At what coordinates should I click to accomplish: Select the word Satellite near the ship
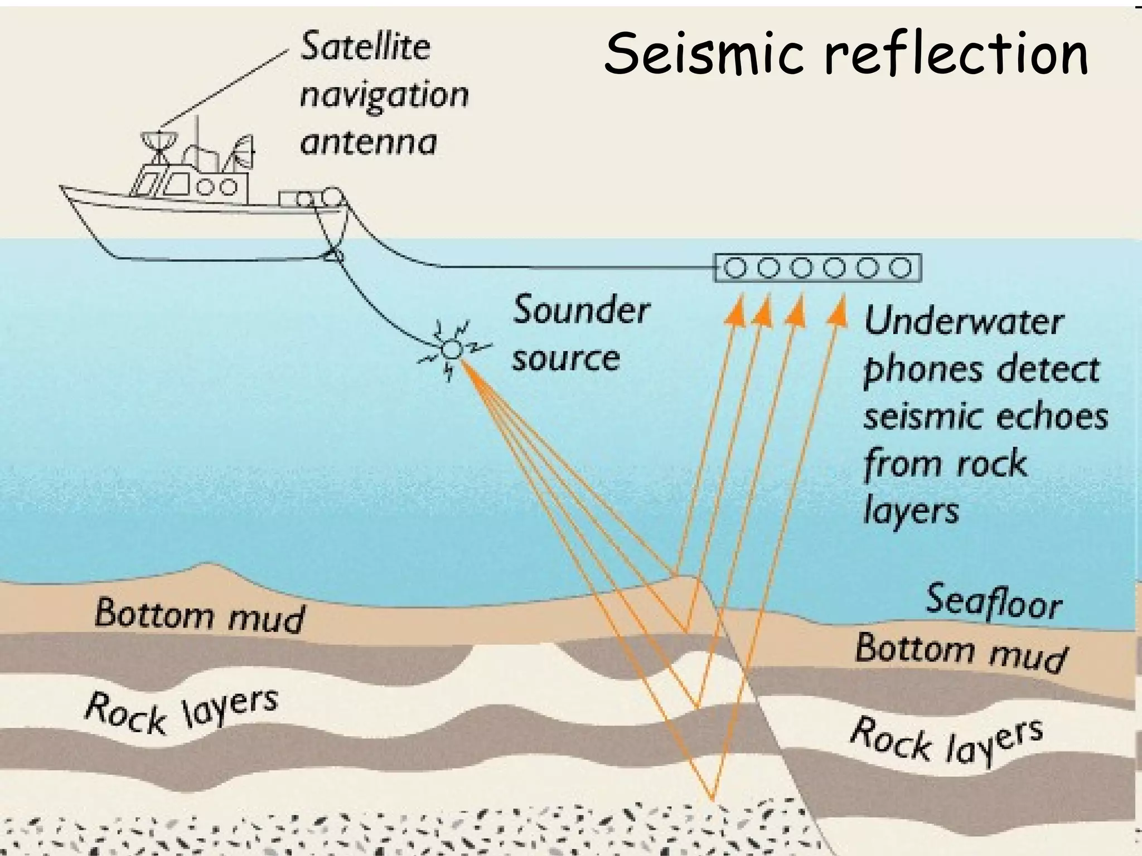pyautogui.click(x=365, y=47)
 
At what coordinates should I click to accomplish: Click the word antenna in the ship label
pyautogui.click(x=368, y=143)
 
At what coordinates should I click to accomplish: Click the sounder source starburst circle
pyautogui.click(x=451, y=350)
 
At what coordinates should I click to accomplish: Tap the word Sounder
pyautogui.click(x=581, y=310)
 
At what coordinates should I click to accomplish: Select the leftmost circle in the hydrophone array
pyautogui.click(x=736, y=268)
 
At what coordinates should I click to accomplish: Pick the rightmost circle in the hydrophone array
pyautogui.click(x=900, y=268)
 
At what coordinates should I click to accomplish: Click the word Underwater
pyautogui.click(x=964, y=322)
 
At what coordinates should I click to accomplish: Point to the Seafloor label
pyautogui.click(x=994, y=601)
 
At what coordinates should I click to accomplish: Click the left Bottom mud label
pyautogui.click(x=200, y=615)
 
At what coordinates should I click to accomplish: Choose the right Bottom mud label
pyautogui.click(x=960, y=652)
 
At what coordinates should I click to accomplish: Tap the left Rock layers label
pyautogui.click(x=181, y=711)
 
